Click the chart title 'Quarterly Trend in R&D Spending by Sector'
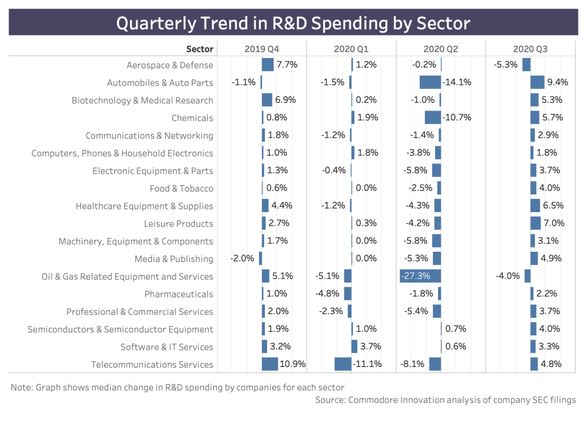pyautogui.click(x=293, y=23)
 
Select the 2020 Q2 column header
pyautogui.click(x=441, y=49)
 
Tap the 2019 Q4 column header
pyautogui.click(x=262, y=49)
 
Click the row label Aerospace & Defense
pyautogui.click(x=170, y=65)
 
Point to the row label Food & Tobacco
pyautogui.click(x=181, y=189)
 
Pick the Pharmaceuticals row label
pyautogui.click(x=178, y=294)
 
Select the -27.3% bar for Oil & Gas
pyautogui.click(x=420, y=276)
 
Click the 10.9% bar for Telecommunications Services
pyautogui.click(x=270, y=364)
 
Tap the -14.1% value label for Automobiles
pyautogui.click(x=456, y=83)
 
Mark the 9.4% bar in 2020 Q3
pyautogui.click(x=537, y=82)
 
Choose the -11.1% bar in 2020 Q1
pyautogui.click(x=343, y=364)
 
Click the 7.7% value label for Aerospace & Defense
pyautogui.click(x=287, y=65)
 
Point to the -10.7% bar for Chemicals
pyautogui.click(x=433, y=118)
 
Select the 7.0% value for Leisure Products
pyautogui.click(x=554, y=224)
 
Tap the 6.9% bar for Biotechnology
pyautogui.click(x=267, y=100)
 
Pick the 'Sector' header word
pyautogui.click(x=199, y=49)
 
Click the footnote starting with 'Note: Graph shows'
pyautogui.click(x=178, y=388)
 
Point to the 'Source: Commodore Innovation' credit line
pyautogui.click(x=445, y=400)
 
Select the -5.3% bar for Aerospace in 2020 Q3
pyautogui.click(x=526, y=65)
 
